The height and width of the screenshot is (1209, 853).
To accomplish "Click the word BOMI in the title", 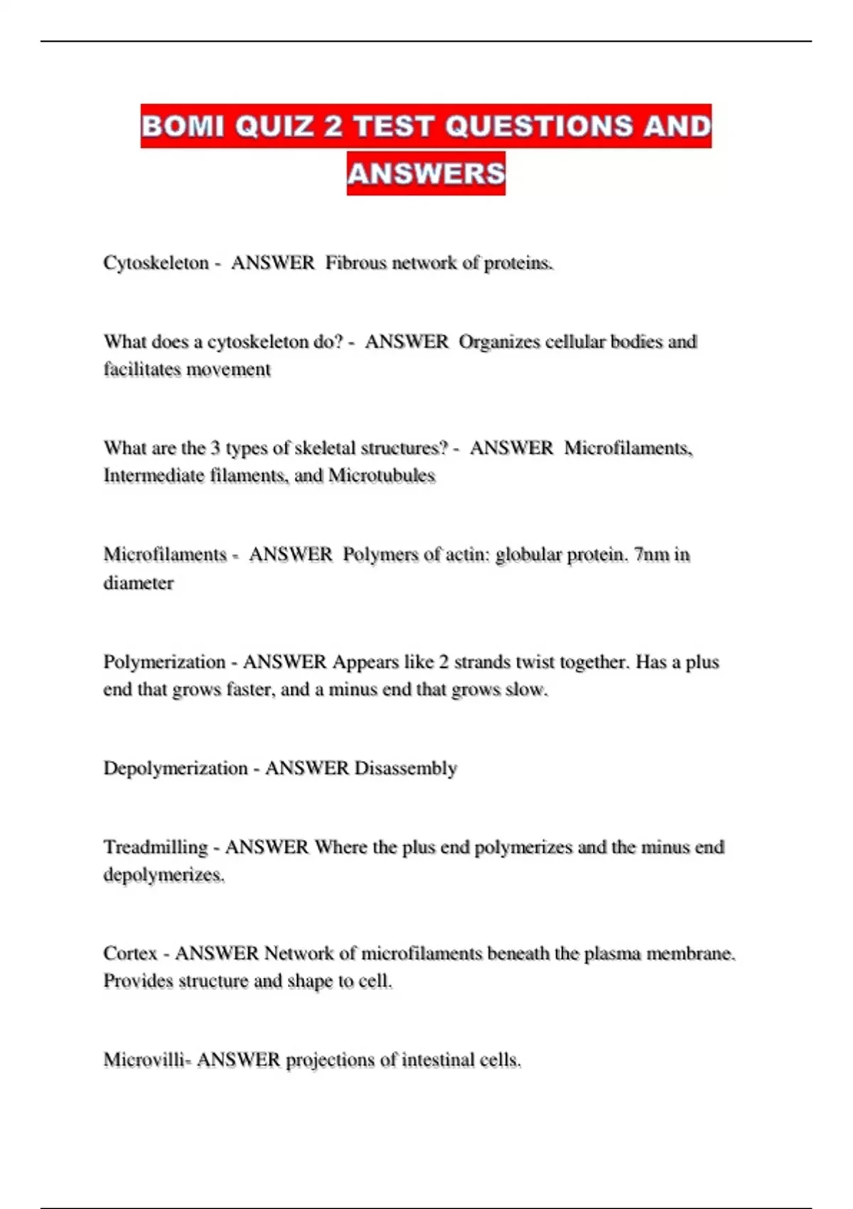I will pyautogui.click(x=183, y=127).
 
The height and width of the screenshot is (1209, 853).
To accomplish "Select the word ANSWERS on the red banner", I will pyautogui.click(x=426, y=174).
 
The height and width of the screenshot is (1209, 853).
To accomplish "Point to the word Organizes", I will pyautogui.click(x=499, y=342).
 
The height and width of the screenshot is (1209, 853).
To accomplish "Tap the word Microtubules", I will pyautogui.click(x=381, y=476).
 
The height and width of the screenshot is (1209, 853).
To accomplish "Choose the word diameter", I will pyautogui.click(x=138, y=583).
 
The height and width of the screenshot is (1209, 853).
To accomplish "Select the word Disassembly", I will pyautogui.click(x=405, y=769).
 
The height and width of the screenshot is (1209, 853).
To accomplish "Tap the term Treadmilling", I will pyautogui.click(x=155, y=847).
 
